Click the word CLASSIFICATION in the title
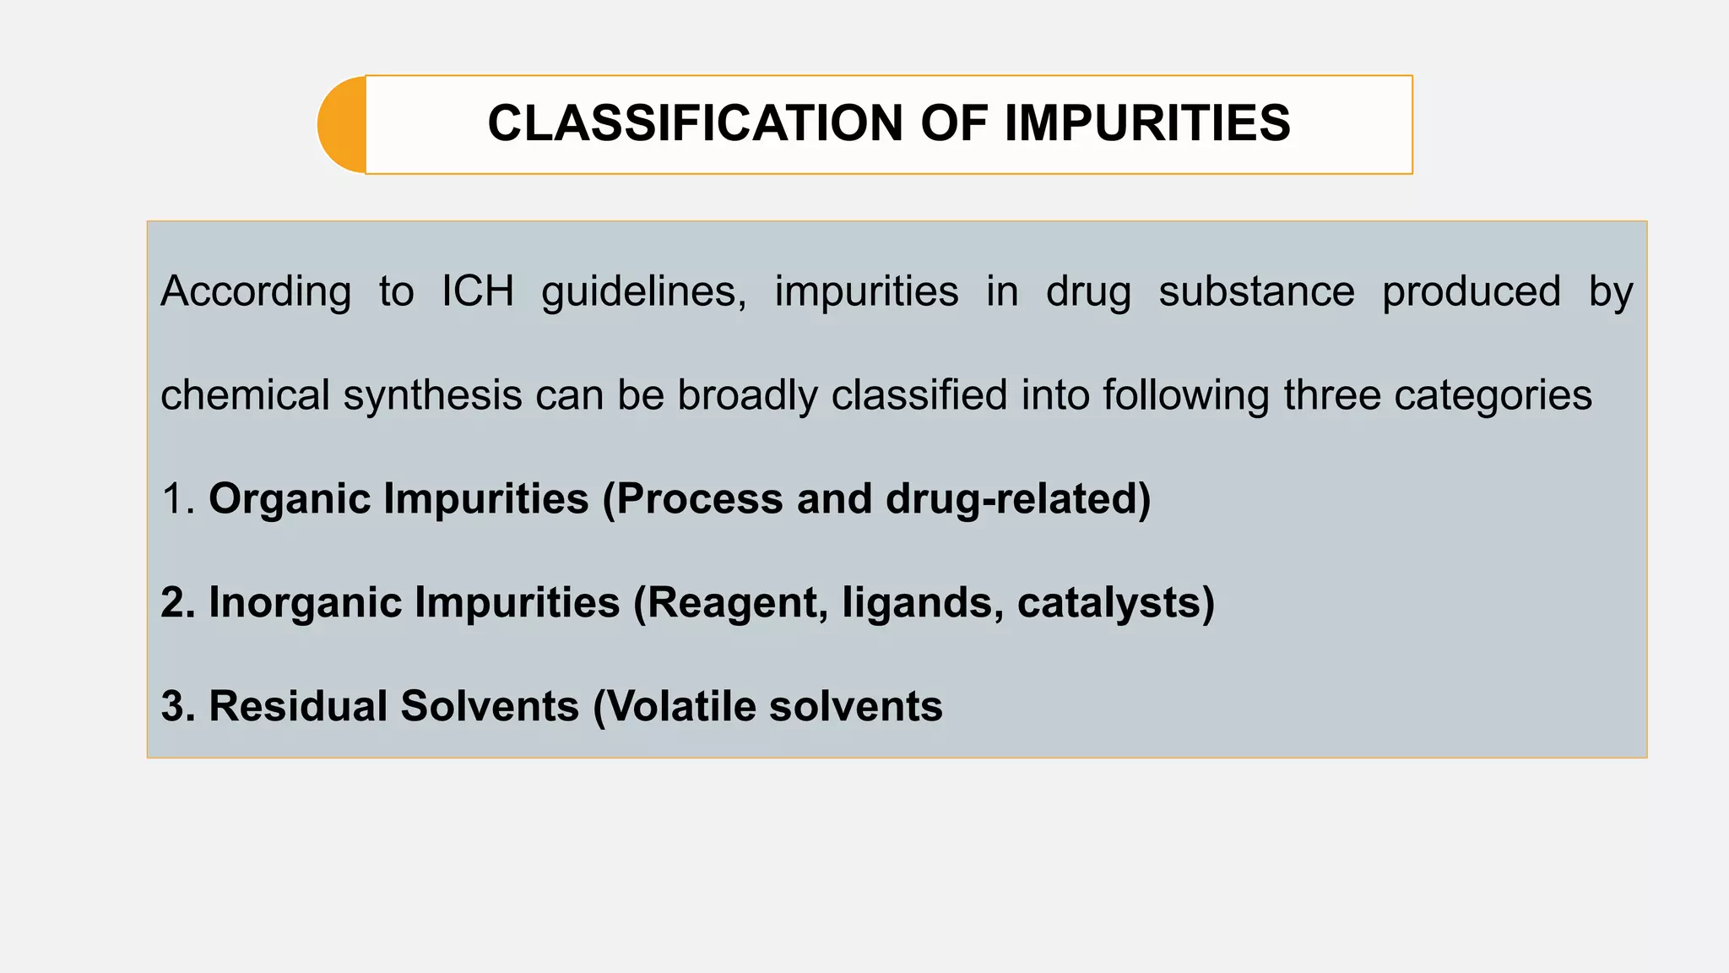click(695, 123)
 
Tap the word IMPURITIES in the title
click(1147, 123)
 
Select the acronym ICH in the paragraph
click(478, 292)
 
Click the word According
click(256, 292)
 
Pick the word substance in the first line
click(1256, 292)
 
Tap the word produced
click(1472, 292)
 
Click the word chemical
click(245, 395)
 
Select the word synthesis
click(432, 395)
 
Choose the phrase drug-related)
click(1018, 499)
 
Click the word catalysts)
click(1116, 603)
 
